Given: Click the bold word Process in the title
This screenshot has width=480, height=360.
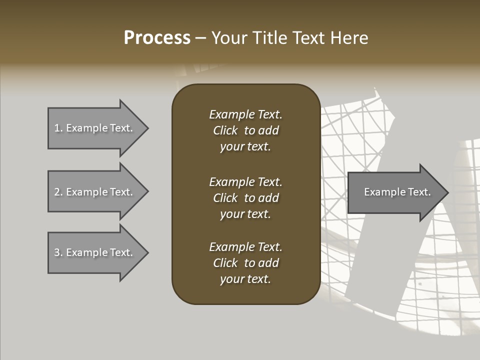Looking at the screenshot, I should (157, 38).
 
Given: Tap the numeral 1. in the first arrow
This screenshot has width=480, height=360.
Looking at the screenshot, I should (58, 128).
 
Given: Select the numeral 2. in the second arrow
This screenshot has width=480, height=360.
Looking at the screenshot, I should (58, 192).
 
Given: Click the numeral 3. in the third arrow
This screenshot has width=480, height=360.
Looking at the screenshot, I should (58, 252).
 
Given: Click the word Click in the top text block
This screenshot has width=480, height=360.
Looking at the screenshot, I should (225, 130).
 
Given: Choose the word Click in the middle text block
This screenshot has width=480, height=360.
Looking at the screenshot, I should (225, 198).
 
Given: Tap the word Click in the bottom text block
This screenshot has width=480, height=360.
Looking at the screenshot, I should (225, 263).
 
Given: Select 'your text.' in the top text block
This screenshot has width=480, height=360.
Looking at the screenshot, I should (245, 147).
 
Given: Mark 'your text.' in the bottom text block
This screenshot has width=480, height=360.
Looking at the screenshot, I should (245, 279).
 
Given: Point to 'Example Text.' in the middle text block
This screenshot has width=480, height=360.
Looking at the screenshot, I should (245, 182).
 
